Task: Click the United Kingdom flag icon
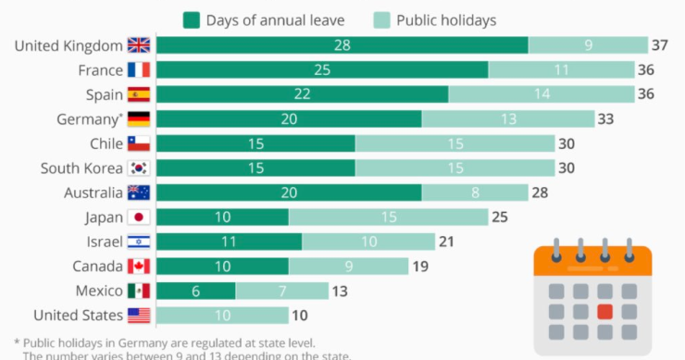(x=138, y=45)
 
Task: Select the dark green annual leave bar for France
(x=321, y=70)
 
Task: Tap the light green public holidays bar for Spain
(x=542, y=94)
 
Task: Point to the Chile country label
(x=106, y=143)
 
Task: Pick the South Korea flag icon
(x=138, y=168)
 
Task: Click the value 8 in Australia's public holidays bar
(x=475, y=192)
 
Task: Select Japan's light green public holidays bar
(x=388, y=217)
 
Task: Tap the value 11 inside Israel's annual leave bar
(x=229, y=242)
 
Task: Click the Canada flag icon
(x=138, y=267)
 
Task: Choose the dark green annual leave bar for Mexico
(x=195, y=291)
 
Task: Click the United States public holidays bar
(x=222, y=316)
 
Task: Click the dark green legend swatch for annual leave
(x=193, y=19)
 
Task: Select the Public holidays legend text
(x=447, y=19)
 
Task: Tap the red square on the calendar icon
(x=605, y=311)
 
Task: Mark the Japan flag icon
(x=138, y=217)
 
